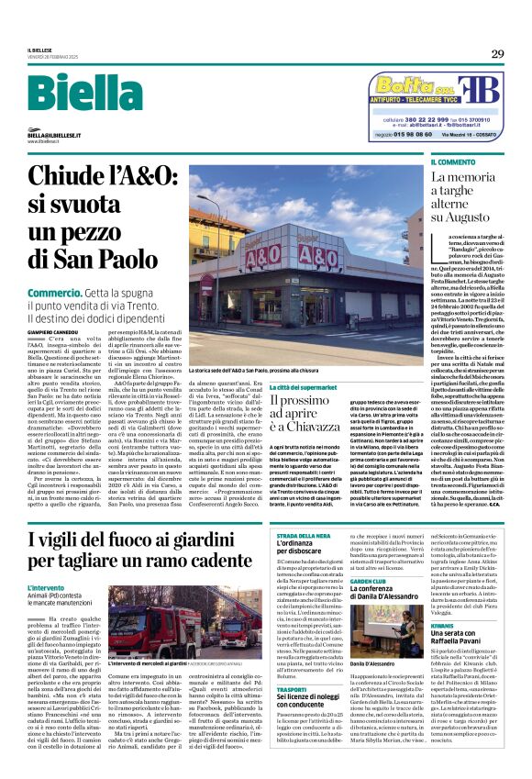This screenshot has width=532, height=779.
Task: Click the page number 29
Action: click(496, 54)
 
